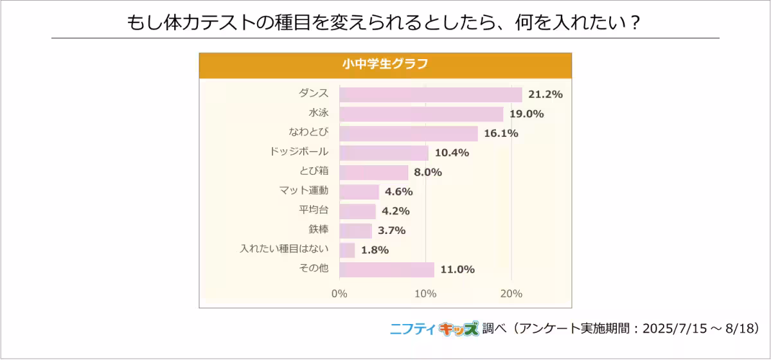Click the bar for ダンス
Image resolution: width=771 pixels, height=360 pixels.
tap(430, 94)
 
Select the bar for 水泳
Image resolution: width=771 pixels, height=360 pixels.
tap(421, 114)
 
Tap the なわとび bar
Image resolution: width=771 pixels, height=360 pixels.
tap(409, 133)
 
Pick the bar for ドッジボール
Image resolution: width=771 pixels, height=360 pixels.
tap(384, 153)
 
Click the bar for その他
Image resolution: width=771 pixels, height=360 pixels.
tap(387, 269)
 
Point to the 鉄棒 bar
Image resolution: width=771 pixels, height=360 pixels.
tap(355, 230)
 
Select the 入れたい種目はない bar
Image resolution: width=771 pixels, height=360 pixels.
tap(347, 250)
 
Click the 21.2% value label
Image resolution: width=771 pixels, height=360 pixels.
tap(545, 94)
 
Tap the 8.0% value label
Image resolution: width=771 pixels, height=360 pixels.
tap(428, 172)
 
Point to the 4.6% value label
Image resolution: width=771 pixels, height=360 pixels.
tap(398, 192)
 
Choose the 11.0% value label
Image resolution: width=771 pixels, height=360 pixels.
tap(457, 269)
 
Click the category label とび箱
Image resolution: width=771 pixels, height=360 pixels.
tap(314, 171)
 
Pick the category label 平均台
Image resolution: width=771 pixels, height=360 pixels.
tap(314, 210)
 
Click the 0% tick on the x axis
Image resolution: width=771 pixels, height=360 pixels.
tap(339, 294)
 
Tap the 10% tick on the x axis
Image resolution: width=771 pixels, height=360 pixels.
tap(425, 294)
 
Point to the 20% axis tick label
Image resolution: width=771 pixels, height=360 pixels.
tap(511, 294)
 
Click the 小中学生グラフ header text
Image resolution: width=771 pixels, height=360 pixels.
tap(385, 64)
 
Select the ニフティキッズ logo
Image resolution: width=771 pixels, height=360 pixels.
tap(434, 328)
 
